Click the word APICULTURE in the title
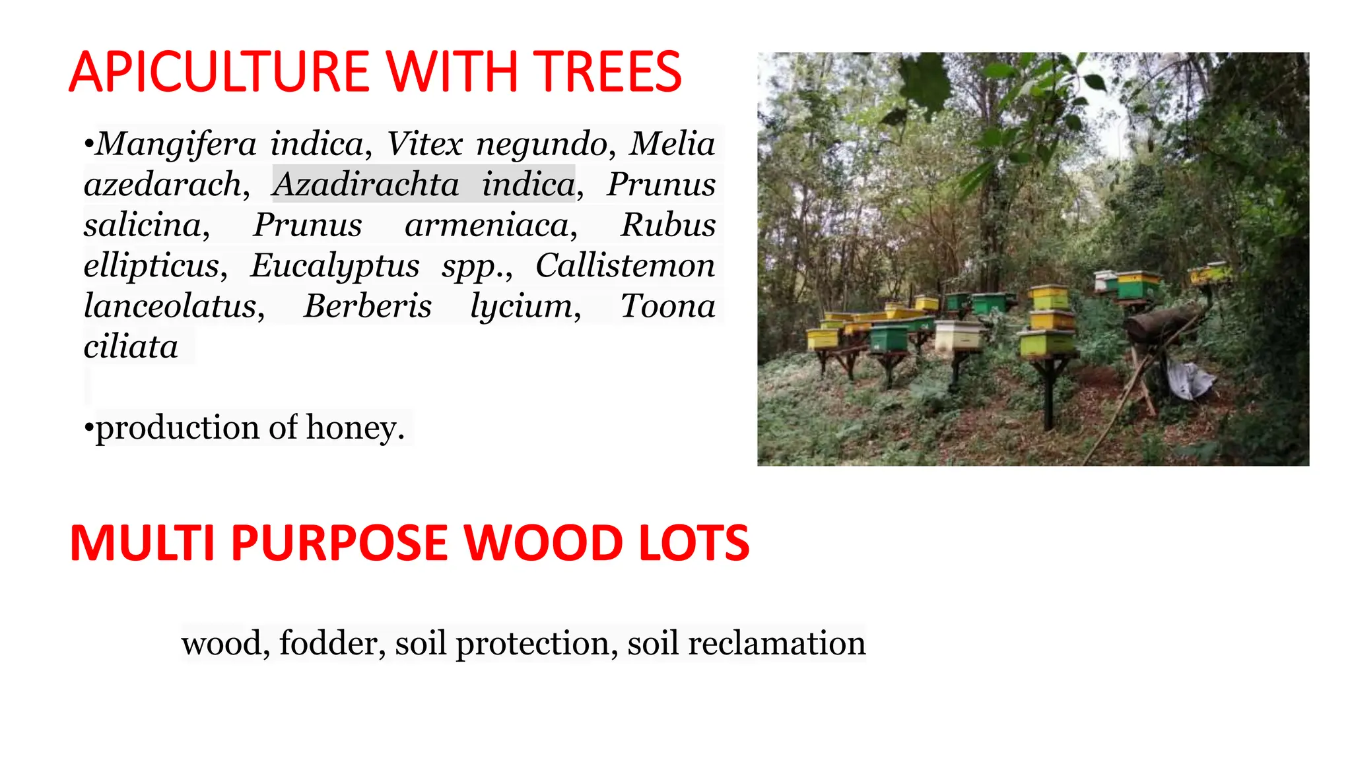coord(219,72)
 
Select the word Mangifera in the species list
coord(176,144)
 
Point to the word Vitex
coord(424,144)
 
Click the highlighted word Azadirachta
coord(366,184)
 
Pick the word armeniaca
coord(487,225)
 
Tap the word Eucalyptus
coord(335,266)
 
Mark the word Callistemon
coord(625,266)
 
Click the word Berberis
coord(367,306)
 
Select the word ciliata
coord(131,347)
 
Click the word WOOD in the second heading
coord(542,543)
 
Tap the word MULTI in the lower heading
coord(142,543)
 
